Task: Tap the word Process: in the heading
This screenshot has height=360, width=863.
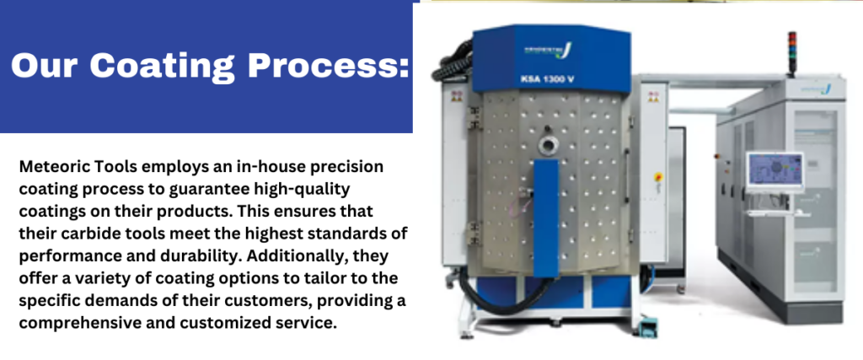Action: tap(329, 65)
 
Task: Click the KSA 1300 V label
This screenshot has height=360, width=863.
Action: tap(547, 79)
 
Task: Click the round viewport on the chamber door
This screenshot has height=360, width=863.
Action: tap(549, 145)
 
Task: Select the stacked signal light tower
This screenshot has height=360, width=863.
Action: tap(792, 53)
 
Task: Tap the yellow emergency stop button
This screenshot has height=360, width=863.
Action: tap(658, 177)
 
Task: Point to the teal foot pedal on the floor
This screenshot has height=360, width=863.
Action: tap(651, 329)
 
